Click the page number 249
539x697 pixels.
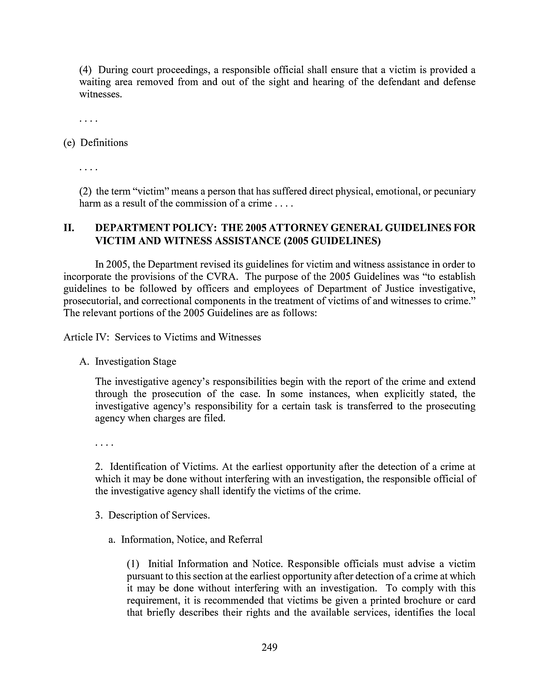click(x=269, y=647)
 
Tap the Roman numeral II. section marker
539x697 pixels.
click(x=69, y=228)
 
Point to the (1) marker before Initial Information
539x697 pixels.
click(x=133, y=564)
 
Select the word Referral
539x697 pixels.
click(x=245, y=540)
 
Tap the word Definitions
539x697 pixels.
click(x=104, y=143)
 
